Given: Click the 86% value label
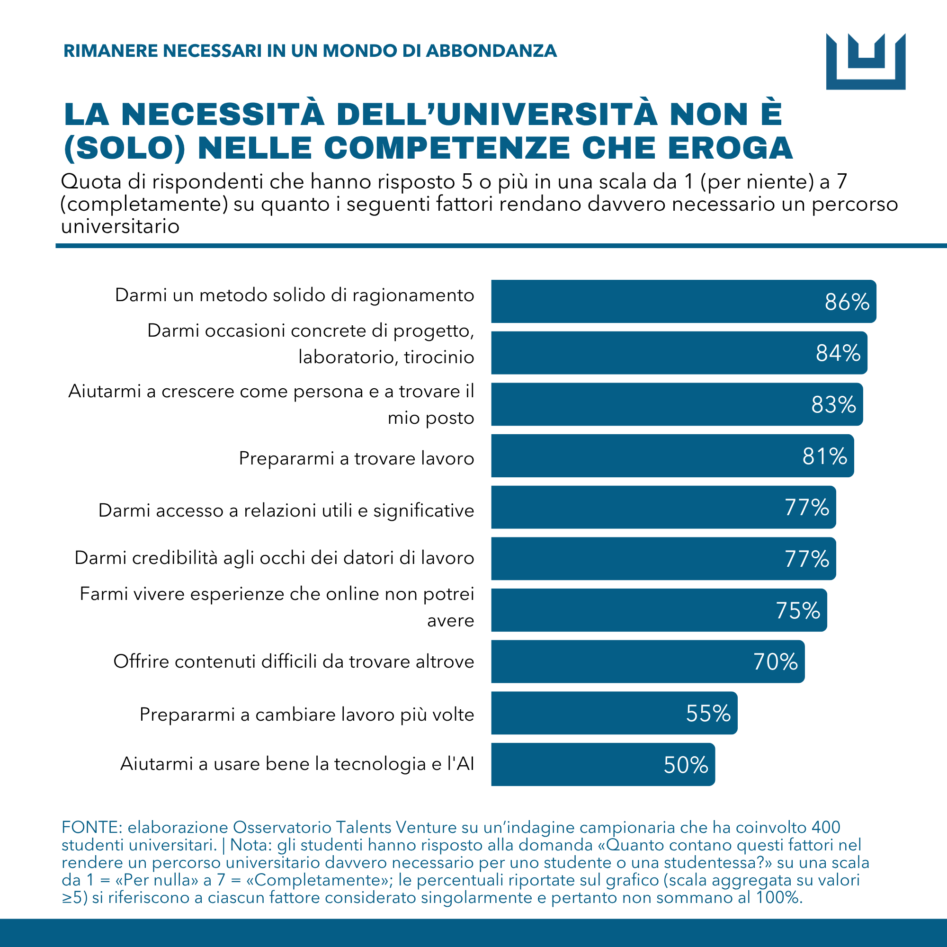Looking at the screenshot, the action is coord(847,302).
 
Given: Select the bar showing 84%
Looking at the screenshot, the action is coord(679,353).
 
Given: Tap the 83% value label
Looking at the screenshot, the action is coord(834,405).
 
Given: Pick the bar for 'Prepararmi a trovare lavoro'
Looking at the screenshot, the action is coord(672,456).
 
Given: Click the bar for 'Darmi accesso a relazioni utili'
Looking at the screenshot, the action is coord(664,507).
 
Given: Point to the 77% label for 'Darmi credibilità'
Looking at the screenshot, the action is coord(807,559).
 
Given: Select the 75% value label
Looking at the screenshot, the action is coord(798,611).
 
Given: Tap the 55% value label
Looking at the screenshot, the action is coord(708,714).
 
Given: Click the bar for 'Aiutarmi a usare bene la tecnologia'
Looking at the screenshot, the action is coord(603,765).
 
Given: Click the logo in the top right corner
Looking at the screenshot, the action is coord(866,61).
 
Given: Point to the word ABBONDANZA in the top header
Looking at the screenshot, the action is coord(491,51).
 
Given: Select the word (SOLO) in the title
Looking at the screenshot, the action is coord(125,148).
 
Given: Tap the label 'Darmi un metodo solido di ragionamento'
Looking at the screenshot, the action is coord(295,295).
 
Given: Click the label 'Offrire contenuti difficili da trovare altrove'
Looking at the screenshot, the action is coord(294,662).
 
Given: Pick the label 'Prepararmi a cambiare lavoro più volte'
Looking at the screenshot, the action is coord(307,715).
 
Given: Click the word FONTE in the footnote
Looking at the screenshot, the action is coord(91,827).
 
